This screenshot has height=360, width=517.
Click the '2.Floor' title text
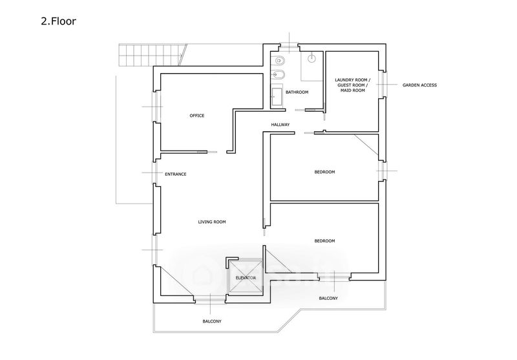(58, 21)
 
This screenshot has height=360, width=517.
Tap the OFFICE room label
(197, 116)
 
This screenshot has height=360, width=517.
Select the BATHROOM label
(297, 92)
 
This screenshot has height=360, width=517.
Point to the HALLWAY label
(280, 125)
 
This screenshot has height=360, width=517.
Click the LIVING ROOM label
(212, 222)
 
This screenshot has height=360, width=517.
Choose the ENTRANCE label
(175, 174)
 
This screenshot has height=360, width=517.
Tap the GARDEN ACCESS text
(419, 85)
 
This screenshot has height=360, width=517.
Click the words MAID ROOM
(353, 90)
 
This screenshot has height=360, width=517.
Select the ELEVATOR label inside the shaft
(246, 278)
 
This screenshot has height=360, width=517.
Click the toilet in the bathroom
(279, 61)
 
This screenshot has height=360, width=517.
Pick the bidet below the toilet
(278, 75)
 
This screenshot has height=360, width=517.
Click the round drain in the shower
(311, 58)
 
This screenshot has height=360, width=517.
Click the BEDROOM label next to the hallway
(324, 172)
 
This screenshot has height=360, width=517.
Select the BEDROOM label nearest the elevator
(324, 241)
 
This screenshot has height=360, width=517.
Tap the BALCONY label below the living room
(212, 321)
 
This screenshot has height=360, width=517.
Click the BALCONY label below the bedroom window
(328, 299)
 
